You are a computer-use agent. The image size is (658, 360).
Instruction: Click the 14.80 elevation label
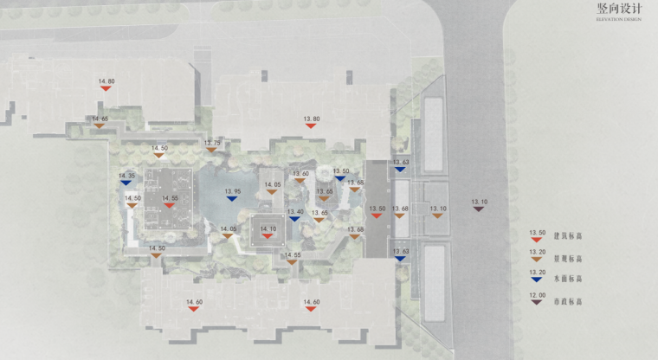pyautogui.click(x=106, y=80)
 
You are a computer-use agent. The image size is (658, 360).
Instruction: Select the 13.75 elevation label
pyautogui.click(x=213, y=142)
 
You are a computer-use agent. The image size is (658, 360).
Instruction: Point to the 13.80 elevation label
pyautogui.click(x=312, y=118)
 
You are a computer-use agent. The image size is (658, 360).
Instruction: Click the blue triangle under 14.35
pyautogui.click(x=126, y=183)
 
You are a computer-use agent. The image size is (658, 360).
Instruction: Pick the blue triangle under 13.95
pyautogui.click(x=231, y=198)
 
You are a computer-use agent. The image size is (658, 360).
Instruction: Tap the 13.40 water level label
pyautogui.click(x=295, y=211)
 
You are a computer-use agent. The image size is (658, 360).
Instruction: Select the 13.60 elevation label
pyautogui.click(x=300, y=174)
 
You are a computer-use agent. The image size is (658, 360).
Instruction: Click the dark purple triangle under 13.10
pyautogui.click(x=479, y=209)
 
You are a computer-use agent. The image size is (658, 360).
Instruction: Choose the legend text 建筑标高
pyautogui.click(x=568, y=235)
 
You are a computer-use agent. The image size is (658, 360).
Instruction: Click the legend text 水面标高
pyautogui.click(x=568, y=279)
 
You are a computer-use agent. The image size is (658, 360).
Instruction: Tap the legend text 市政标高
pyautogui.click(x=568, y=301)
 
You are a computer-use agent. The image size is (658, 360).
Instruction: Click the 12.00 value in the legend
pyautogui.click(x=537, y=295)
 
